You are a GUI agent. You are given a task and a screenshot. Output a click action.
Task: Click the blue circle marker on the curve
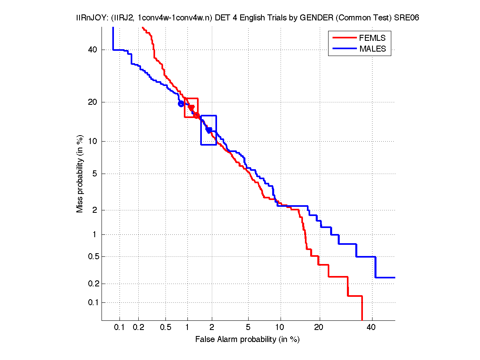click(181, 104)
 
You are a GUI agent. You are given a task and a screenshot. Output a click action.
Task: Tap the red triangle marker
click(191, 108)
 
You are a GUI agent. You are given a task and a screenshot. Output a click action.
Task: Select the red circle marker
click(197, 116)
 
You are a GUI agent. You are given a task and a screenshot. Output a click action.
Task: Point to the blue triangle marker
click(209, 130)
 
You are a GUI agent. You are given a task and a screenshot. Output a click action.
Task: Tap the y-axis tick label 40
click(92, 50)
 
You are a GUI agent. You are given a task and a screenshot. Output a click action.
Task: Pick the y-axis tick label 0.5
click(91, 256)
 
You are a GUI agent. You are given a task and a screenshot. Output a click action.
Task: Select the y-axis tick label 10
click(92, 141)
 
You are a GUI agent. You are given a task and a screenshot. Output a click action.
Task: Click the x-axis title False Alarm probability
click(247, 340)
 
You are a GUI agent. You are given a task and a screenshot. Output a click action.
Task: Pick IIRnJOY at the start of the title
click(90, 18)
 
